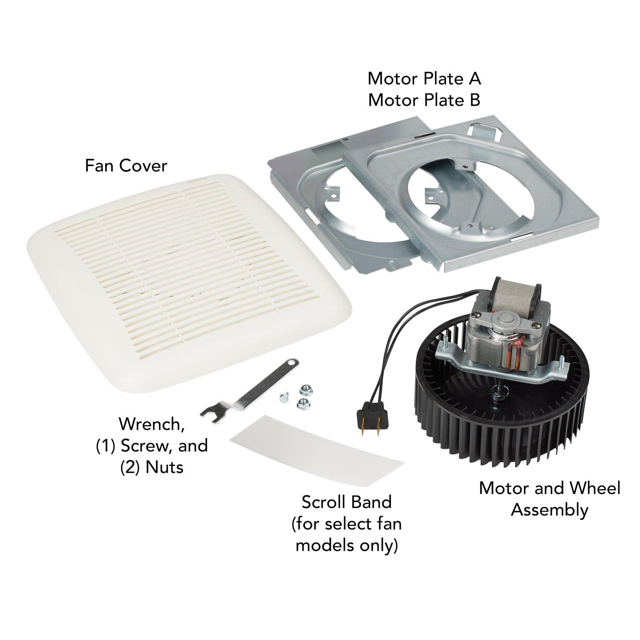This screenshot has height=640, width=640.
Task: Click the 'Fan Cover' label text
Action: (x=126, y=166)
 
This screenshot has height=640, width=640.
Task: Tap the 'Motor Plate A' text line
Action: (x=424, y=79)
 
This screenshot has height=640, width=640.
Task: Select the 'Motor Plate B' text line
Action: (x=424, y=100)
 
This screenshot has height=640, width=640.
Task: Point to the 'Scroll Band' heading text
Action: (x=346, y=502)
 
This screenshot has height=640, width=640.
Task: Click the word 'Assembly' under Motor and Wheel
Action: (x=549, y=510)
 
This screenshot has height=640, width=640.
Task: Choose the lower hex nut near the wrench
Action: (x=302, y=402)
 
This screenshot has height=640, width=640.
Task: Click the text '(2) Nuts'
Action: (x=152, y=467)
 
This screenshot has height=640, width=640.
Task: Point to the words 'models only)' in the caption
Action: (x=346, y=545)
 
